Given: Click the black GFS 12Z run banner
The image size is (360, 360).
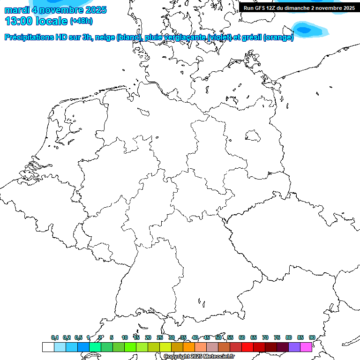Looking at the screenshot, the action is pyautogui.click(x=299, y=7).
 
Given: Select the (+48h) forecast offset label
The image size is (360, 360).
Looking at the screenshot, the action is pyautogui.click(x=82, y=22).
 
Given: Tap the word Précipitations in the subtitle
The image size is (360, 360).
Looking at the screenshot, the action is pyautogui.click(x=29, y=37).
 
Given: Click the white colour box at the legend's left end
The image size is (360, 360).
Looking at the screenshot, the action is pyautogui.click(x=48, y=347).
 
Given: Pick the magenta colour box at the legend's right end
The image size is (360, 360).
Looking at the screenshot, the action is pyautogui.click(x=306, y=347).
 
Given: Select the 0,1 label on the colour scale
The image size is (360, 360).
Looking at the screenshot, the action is pyautogui.click(x=55, y=337).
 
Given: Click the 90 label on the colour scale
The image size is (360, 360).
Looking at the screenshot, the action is pyautogui.click(x=312, y=337).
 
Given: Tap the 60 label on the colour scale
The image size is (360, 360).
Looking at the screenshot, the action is pyautogui.click(x=242, y=337).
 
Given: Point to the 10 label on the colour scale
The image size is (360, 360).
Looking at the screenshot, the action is pyautogui.click(x=125, y=337).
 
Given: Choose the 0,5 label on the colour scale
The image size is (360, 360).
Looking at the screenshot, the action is pyautogui.click(x=78, y=337).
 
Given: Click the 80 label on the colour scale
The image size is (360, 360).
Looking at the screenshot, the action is pyautogui.click(x=289, y=337).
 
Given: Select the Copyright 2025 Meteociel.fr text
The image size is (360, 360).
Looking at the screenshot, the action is pyautogui.click(x=199, y=357).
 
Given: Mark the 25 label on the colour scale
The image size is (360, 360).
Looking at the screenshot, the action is pyautogui.click(x=160, y=337).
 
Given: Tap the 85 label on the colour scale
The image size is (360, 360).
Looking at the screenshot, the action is pyautogui.click(x=300, y=337).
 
